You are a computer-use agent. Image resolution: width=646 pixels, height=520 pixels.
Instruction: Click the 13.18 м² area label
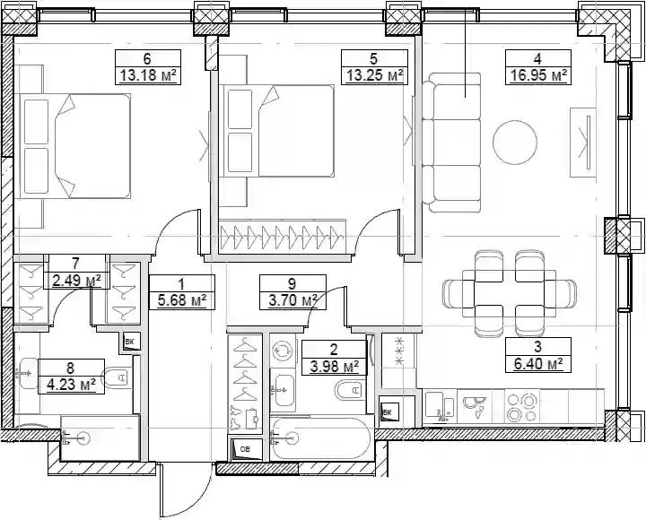pyautogui.click(x=148, y=75)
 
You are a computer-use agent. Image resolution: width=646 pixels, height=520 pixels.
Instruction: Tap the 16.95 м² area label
pyautogui.click(x=538, y=75)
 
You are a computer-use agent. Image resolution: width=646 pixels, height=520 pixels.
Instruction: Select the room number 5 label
pyautogui.click(x=373, y=59)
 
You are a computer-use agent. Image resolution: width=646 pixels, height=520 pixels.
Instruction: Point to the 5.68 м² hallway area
pyautogui.click(x=181, y=301)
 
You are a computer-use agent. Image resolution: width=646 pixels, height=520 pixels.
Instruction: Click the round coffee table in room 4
pyautogui.click(x=515, y=142)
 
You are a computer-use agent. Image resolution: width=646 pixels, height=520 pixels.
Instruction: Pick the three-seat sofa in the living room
pyautogui.click(x=451, y=143)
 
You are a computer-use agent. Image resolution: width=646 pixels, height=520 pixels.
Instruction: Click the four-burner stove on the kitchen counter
pyautogui.click(x=522, y=407)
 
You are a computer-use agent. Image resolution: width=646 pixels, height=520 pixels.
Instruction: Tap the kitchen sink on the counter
pyautogui.click(x=440, y=407)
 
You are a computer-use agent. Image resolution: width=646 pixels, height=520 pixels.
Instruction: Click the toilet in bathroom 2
pyautogui.click(x=350, y=390)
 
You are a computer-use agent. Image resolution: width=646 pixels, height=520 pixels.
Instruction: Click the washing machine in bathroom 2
pyautogui.click(x=283, y=351)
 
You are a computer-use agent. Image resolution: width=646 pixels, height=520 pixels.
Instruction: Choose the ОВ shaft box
pyautogui.click(x=246, y=449)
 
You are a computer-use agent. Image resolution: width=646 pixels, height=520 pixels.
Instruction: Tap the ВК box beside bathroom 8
pyautogui.click(x=131, y=342)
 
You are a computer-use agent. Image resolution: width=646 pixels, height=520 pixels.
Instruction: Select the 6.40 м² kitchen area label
pyautogui.click(x=538, y=364)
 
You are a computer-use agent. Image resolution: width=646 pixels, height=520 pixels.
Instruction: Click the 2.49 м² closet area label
pyautogui.click(x=76, y=282)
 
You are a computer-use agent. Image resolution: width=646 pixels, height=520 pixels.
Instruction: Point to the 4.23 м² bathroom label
pyautogui.click(x=71, y=386)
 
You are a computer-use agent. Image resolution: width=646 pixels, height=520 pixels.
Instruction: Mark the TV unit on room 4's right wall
pyautogui.click(x=583, y=143)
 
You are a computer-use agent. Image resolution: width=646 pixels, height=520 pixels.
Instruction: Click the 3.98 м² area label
pyautogui.click(x=334, y=367)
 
